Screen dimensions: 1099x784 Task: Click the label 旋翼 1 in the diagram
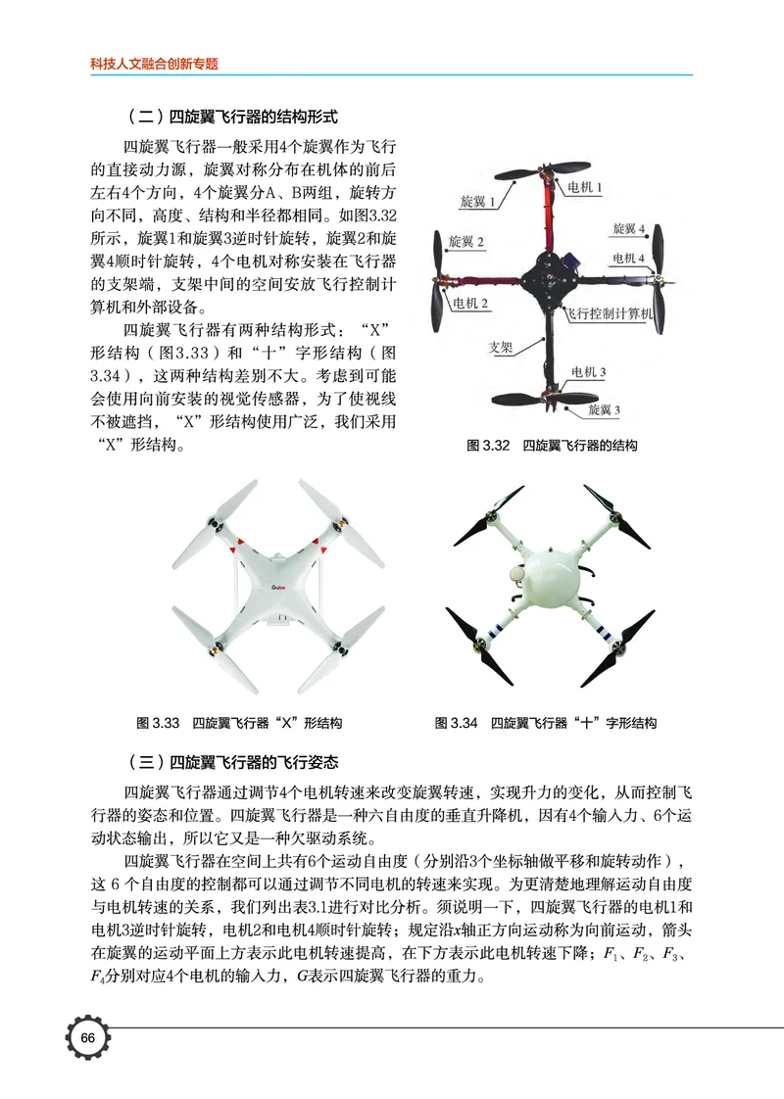(477, 202)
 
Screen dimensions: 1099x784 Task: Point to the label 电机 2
(470, 304)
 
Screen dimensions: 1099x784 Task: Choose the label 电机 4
(629, 259)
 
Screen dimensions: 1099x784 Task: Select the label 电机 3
(588, 372)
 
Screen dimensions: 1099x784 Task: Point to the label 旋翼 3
(605, 408)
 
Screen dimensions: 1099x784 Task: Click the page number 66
(87, 1038)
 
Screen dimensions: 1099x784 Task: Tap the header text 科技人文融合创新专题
(154, 64)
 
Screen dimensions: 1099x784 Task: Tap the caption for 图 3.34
(546, 724)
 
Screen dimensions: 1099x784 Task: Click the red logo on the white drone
(282, 588)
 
